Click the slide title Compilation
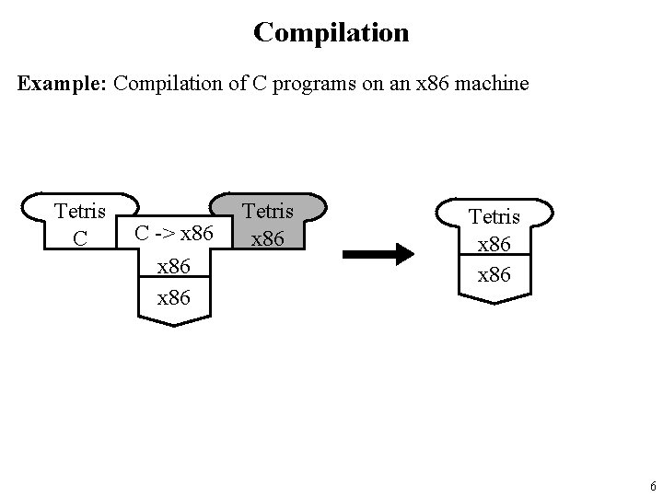[331, 33]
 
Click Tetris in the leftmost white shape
[80, 212]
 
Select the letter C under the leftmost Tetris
[80, 238]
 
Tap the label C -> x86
[174, 234]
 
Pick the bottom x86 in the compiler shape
[174, 297]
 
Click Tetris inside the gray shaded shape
[269, 212]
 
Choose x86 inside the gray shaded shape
[269, 238]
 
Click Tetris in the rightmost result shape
[495, 217]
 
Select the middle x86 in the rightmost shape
[495, 246]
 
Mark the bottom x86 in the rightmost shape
[495, 275]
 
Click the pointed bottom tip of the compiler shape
[174, 324]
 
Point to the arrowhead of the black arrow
[404, 253]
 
